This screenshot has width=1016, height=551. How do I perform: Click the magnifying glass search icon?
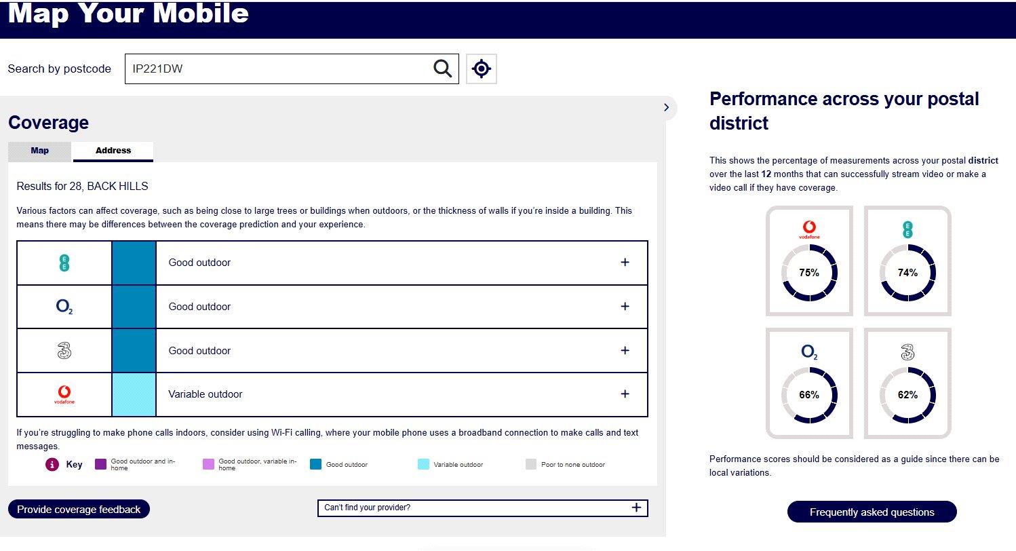[442, 69]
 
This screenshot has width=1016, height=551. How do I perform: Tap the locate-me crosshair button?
[482, 69]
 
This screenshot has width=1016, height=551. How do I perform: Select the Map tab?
[39, 151]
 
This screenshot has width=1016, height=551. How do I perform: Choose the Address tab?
[113, 151]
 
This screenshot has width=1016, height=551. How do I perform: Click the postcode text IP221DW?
[157, 69]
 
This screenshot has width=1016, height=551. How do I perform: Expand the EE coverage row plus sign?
[625, 263]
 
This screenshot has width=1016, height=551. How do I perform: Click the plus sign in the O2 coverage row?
[625, 306]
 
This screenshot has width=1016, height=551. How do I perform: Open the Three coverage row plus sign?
[625, 350]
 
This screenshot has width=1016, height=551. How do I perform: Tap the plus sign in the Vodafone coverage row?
[625, 394]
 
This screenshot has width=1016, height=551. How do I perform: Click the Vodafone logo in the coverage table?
[64, 394]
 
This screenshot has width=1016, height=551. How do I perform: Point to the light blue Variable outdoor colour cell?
[134, 394]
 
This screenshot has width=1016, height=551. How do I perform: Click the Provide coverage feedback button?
[79, 509]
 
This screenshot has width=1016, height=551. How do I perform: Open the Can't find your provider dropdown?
[483, 508]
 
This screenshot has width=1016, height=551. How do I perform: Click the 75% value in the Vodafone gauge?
[809, 273]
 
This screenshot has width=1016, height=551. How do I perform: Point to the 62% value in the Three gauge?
[907, 395]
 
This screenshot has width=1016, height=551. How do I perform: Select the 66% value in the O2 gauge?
[809, 395]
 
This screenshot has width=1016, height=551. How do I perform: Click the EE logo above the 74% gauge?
[907, 229]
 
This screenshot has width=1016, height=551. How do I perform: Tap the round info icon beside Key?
[52, 464]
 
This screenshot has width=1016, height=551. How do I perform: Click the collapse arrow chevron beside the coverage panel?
[666, 108]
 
